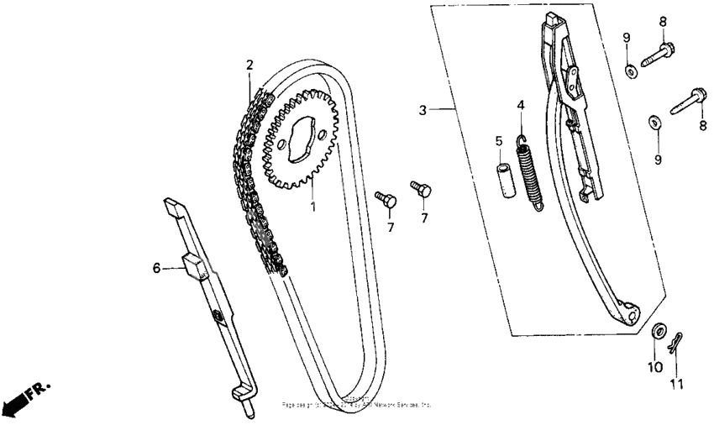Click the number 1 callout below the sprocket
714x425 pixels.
[312, 204]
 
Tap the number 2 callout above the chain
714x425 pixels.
[249, 65]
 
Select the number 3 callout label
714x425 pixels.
[423, 110]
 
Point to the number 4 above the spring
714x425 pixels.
[521, 105]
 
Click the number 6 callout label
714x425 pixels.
[155, 268]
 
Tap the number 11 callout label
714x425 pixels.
[677, 385]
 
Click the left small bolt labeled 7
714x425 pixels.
[386, 199]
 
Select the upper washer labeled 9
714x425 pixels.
[630, 69]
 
